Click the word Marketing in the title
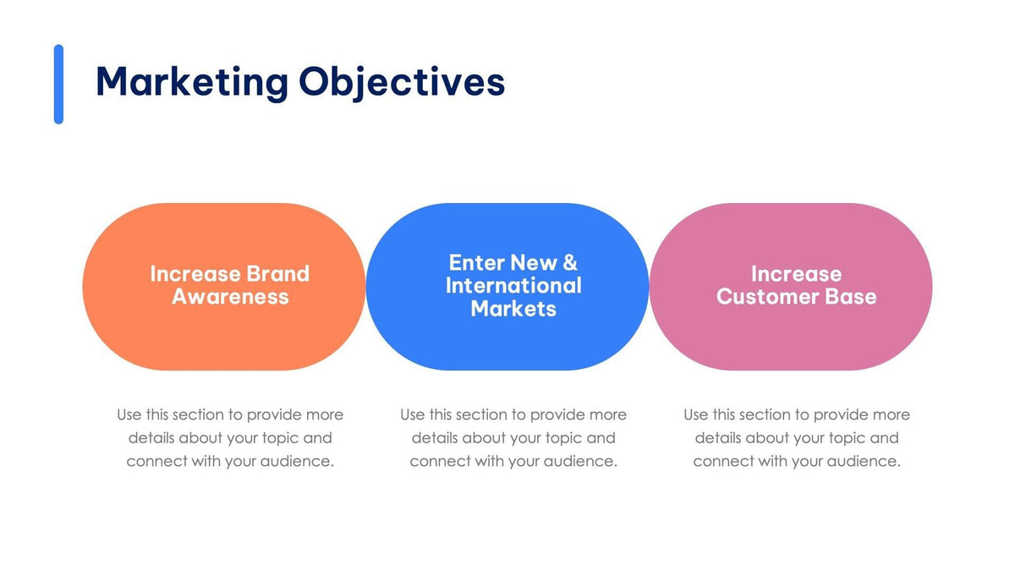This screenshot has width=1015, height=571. (x=192, y=83)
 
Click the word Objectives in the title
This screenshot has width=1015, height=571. (x=402, y=83)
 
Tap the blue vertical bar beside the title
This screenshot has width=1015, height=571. (x=58, y=85)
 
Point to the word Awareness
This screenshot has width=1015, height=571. (x=230, y=297)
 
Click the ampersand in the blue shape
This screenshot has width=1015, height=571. (x=569, y=262)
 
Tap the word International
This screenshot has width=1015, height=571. (x=513, y=285)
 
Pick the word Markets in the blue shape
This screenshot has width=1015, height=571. (x=513, y=309)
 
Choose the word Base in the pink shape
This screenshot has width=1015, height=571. (x=852, y=297)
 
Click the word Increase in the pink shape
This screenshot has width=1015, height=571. (x=796, y=274)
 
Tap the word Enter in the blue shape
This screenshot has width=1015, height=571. (x=476, y=262)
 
